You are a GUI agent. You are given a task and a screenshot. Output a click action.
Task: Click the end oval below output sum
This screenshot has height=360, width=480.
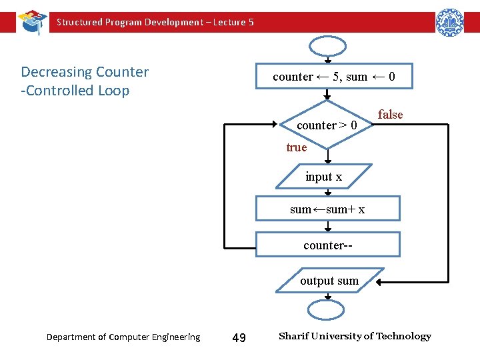coord(326,310)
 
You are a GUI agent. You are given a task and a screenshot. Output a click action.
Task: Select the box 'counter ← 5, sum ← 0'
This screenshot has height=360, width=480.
coord(334,77)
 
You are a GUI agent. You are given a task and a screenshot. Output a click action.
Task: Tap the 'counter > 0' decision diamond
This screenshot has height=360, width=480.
coord(327,125)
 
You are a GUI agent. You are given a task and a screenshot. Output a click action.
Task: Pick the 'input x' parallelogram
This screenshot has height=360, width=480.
coord(324,177)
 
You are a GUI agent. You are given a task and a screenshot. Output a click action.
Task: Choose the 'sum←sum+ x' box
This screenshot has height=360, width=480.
coord(327,209)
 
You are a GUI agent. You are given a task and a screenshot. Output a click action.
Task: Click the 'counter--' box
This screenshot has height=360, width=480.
coord(327,245)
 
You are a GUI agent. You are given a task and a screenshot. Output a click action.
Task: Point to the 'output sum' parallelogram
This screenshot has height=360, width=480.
coord(329,281)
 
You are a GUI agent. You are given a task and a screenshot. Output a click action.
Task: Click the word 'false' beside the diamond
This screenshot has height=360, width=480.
coord(390,115)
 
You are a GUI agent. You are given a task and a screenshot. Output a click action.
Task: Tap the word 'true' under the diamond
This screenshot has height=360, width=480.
coord(297,147)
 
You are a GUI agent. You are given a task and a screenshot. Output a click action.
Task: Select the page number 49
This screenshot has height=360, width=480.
coord(239,338)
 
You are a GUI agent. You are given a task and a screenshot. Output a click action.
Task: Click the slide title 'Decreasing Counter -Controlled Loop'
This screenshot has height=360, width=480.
coord(85,81)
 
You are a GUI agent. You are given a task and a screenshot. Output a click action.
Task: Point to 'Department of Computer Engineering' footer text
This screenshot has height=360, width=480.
coord(123,337)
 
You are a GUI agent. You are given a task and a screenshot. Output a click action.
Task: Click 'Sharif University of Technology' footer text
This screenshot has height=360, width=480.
coord(355,336)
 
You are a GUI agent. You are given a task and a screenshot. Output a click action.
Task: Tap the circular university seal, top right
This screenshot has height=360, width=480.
coord(450,22)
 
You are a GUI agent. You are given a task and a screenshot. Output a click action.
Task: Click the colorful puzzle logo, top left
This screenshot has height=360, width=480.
coord(32,21)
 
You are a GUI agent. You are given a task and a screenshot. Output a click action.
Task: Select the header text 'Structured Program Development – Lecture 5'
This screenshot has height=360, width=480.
coord(155,22)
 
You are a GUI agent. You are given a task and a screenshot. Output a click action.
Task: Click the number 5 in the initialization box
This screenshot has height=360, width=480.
coord(336,77)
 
